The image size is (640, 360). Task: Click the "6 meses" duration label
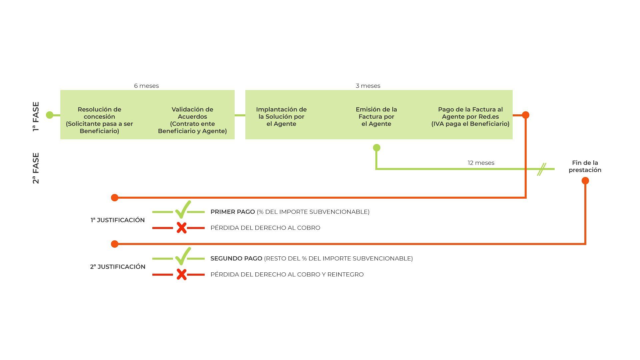(146, 86)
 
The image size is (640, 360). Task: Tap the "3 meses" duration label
(368, 86)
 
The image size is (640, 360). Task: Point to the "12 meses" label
(481, 163)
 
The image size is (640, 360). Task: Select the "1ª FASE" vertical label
(36, 117)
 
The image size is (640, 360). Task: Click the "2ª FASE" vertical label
(36, 168)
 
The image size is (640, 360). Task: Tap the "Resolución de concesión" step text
(99, 120)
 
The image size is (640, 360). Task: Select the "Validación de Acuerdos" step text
(192, 120)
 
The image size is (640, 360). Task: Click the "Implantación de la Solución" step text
(281, 117)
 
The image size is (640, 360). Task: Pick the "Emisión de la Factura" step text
(376, 117)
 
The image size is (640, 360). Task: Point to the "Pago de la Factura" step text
(470, 117)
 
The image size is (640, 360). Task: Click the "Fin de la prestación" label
(585, 166)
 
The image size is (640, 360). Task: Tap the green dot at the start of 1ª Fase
(50, 115)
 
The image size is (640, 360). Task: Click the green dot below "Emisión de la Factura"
(377, 148)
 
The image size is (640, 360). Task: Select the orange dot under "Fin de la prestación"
(585, 181)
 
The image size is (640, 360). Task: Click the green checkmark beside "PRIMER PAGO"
(183, 209)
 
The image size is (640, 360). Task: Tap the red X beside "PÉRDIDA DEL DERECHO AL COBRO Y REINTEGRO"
(182, 274)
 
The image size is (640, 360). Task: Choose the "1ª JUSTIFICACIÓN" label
(118, 220)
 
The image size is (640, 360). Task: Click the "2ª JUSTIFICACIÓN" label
(118, 267)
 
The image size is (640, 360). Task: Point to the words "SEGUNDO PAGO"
(236, 258)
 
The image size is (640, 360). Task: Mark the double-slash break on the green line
(542, 169)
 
